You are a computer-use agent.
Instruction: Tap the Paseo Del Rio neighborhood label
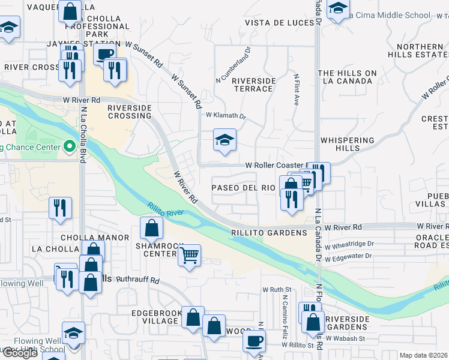coord(243,188)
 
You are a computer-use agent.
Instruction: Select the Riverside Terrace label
coord(253,85)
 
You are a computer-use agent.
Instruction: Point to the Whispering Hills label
coord(348,145)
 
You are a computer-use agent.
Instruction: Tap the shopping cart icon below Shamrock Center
coord(190,256)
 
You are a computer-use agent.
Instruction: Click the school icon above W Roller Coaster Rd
coord(225,141)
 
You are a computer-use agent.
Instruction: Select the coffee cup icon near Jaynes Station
coord(106,55)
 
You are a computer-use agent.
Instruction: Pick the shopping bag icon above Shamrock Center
coord(152,227)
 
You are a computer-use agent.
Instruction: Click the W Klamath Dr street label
coord(226,116)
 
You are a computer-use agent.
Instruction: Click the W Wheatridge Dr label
coord(349,244)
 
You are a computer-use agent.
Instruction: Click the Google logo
coord(19,353)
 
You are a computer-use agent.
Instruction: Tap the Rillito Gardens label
coord(270,232)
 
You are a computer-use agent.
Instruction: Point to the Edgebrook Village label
coord(155,317)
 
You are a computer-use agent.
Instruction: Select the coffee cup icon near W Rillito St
coord(253,341)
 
